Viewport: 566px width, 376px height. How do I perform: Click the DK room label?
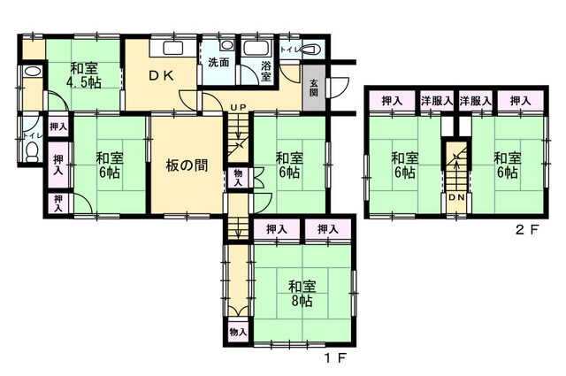162,75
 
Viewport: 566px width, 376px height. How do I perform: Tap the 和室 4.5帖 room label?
83,75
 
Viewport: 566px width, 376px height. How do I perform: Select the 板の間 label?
187,165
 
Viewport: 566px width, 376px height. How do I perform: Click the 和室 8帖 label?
302,294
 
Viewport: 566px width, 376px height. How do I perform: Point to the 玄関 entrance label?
314,88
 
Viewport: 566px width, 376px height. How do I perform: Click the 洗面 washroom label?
218,62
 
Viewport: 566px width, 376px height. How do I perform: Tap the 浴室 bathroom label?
266,71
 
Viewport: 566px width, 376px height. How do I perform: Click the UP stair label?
238,107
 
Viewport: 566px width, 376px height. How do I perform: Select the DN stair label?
456,197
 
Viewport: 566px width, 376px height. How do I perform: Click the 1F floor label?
335,358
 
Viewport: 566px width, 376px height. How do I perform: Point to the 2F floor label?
527,230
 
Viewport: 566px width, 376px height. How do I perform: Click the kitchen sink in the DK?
173,48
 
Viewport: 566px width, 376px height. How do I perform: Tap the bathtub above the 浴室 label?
256,48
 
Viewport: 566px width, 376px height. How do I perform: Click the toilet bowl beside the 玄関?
310,49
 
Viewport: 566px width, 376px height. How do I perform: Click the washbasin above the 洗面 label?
227,45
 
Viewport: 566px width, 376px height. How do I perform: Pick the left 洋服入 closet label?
437,101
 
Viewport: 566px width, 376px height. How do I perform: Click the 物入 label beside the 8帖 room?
238,331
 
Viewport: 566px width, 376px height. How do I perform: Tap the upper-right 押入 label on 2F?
520,101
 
